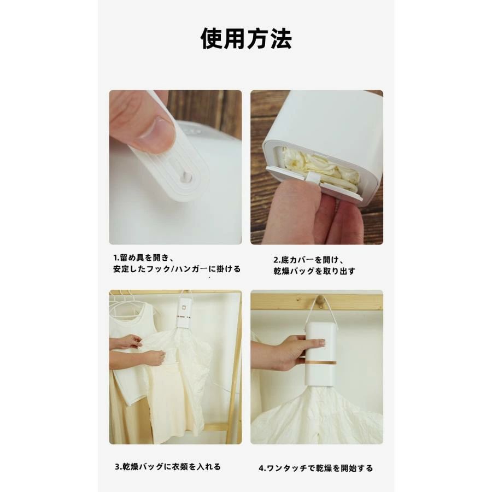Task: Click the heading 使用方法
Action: click(x=247, y=39)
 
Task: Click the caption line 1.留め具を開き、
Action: click(x=143, y=258)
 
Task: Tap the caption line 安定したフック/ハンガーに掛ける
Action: click(x=177, y=269)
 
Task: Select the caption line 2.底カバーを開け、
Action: click(x=309, y=260)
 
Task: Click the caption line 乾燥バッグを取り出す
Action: click(x=314, y=271)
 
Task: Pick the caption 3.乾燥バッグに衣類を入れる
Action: click(x=168, y=467)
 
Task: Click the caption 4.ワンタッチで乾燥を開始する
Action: click(x=315, y=468)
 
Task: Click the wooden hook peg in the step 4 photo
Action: click(x=319, y=300)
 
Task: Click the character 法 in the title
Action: click(x=281, y=39)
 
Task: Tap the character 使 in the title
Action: click(x=212, y=39)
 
